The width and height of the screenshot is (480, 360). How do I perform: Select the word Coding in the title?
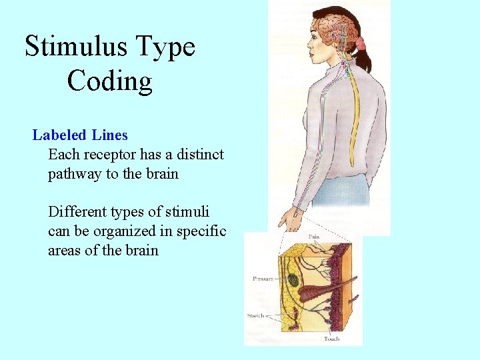(x=110, y=81)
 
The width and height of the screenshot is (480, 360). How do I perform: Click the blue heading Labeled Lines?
(x=80, y=135)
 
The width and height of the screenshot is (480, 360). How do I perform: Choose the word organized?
(x=131, y=231)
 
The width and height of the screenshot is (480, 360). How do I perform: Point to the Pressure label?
(x=263, y=278)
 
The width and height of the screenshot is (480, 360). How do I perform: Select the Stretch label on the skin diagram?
(x=255, y=315)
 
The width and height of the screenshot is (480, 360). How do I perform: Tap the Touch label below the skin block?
(x=331, y=339)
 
